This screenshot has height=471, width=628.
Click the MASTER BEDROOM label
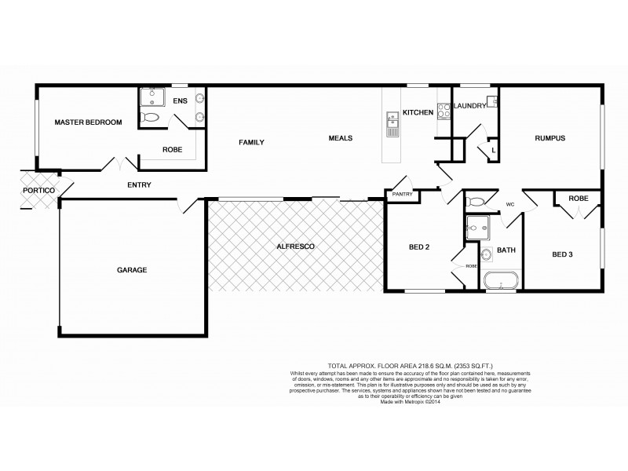tap(88, 122)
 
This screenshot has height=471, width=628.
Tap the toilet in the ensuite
tap(150, 119)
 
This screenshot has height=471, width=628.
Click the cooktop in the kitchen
tap(442, 112)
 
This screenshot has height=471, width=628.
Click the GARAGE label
tap(132, 270)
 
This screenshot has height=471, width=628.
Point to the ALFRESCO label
tap(296, 246)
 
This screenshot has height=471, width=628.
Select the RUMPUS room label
tap(549, 138)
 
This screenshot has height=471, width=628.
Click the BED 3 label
tap(564, 254)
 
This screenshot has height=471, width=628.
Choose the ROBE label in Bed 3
tap(579, 199)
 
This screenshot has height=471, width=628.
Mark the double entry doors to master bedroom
tap(119, 164)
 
